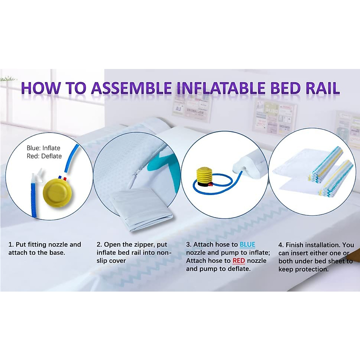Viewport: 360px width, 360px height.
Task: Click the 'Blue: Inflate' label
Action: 43,148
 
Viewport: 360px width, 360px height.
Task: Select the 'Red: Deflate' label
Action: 44,156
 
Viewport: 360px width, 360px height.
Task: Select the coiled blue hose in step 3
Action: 216,189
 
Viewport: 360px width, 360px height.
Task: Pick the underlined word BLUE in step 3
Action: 247,244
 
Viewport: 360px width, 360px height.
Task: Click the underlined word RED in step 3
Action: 239,261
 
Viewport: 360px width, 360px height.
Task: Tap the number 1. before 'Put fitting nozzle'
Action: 11,244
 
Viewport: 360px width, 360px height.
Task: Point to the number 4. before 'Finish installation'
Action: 281,245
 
